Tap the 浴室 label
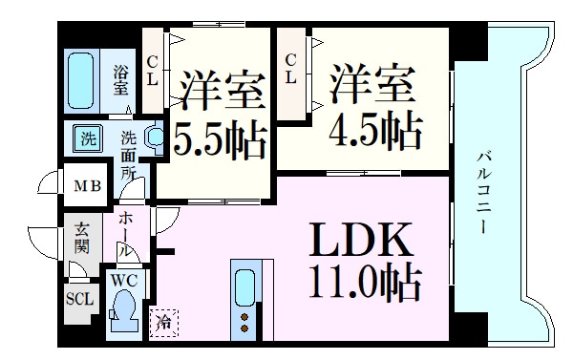click(x=121, y=79)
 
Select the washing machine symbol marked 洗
click(x=88, y=138)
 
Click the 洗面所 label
click(x=129, y=154)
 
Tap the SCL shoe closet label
click(x=79, y=297)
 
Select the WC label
click(x=123, y=282)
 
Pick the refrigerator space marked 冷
click(x=163, y=322)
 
